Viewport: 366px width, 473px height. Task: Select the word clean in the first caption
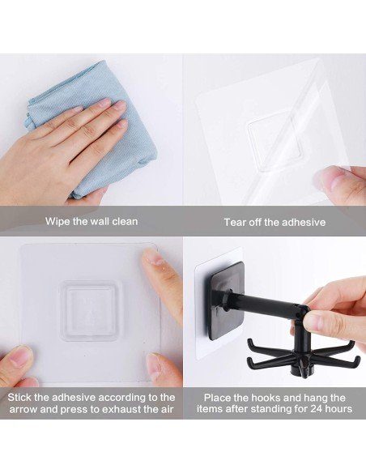pos(122,221)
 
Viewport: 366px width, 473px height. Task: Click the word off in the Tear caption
pos(264,222)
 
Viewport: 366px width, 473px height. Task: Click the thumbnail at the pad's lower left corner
pos(21,356)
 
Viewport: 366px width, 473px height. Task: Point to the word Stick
pos(22,398)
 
